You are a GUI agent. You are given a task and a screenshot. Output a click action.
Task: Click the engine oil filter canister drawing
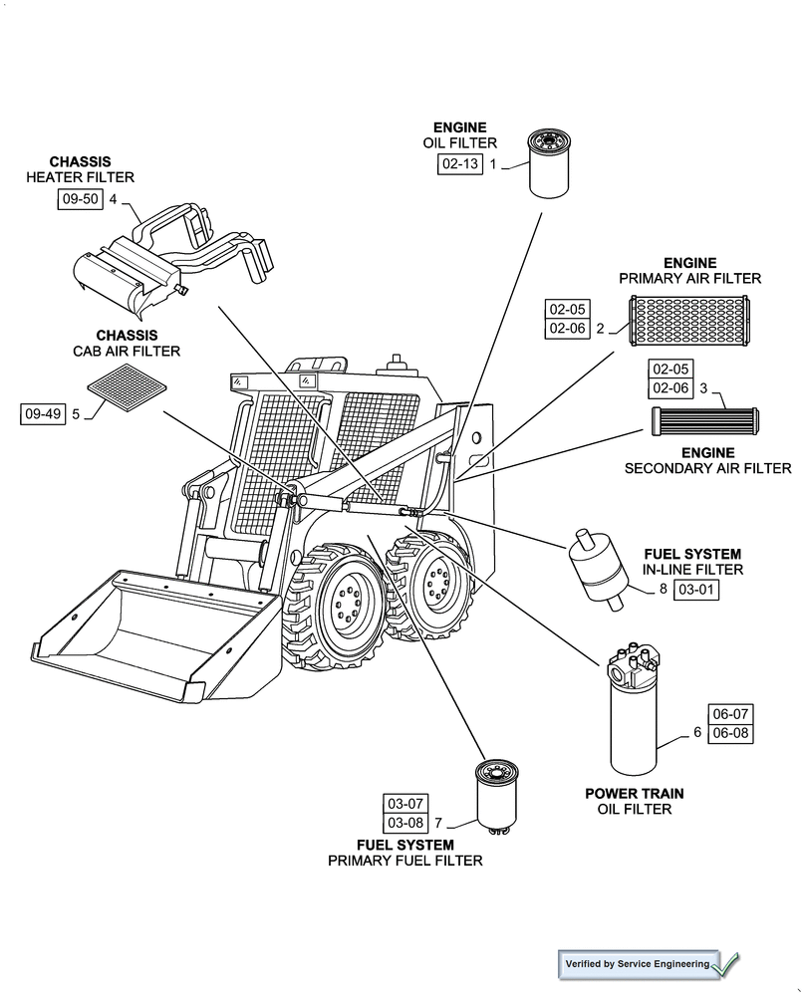pyautogui.click(x=545, y=162)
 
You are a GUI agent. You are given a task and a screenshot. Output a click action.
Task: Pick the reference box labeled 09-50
pyautogui.click(x=80, y=199)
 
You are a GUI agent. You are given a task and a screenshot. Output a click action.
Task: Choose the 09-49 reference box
pyautogui.click(x=43, y=413)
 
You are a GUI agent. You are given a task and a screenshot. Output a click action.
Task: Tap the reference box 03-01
pyautogui.click(x=696, y=590)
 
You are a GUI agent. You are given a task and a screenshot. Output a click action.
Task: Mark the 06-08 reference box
pyautogui.click(x=730, y=733)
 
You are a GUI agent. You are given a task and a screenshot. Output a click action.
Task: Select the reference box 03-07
pyautogui.click(x=405, y=803)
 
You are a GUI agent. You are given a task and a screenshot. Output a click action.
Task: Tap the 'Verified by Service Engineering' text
pyautogui.click(x=638, y=964)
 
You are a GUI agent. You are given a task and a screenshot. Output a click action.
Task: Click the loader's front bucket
pyautogui.click(x=149, y=627)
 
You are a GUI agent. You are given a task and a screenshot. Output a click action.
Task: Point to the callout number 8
pyautogui.click(x=663, y=590)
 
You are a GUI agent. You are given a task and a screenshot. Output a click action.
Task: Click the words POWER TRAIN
pyautogui.click(x=634, y=793)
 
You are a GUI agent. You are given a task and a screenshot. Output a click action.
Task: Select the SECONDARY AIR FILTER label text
pyautogui.click(x=707, y=467)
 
